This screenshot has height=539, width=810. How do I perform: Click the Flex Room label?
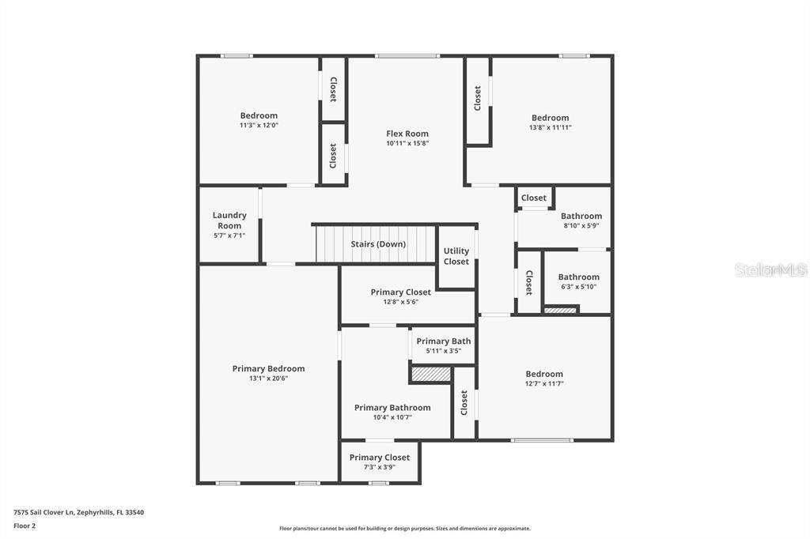407,134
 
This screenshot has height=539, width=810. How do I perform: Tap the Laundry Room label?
229,220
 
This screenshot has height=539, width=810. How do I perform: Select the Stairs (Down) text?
378,244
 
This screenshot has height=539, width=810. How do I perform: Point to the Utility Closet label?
456,256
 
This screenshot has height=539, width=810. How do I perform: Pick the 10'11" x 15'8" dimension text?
407,144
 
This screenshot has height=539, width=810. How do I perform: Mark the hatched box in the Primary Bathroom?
430,374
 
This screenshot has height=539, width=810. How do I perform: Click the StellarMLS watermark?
770,269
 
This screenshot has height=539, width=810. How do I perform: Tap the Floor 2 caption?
25,525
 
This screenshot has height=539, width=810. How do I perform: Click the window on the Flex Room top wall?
407,56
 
